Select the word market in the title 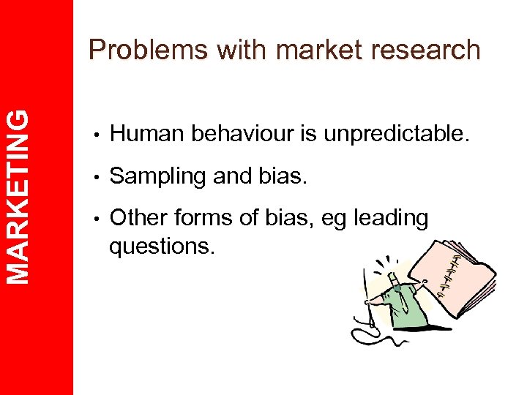tap(315, 50)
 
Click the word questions tap(162, 247)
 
